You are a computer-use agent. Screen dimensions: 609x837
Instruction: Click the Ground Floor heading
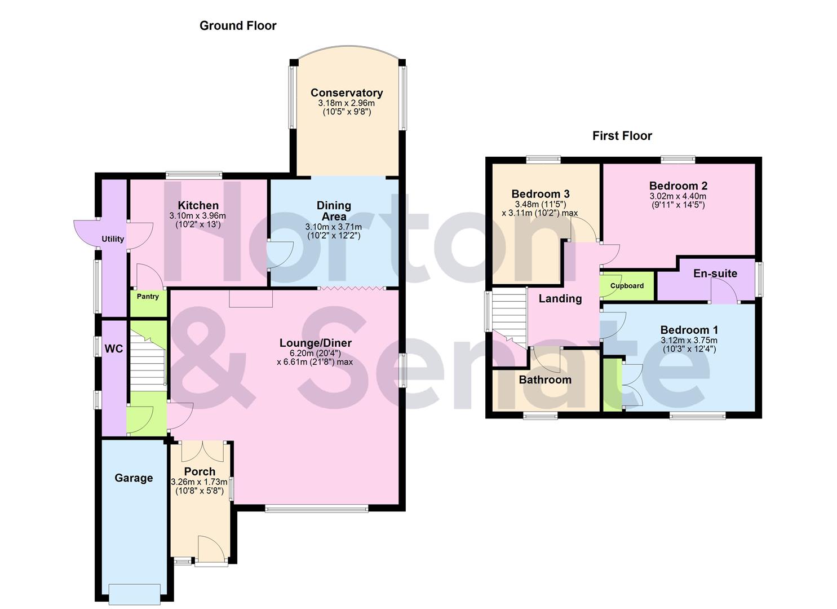pyautogui.click(x=238, y=26)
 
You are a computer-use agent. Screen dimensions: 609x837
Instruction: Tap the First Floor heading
pyautogui.click(x=622, y=136)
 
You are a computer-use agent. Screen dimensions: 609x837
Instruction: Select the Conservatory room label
pyautogui.click(x=346, y=93)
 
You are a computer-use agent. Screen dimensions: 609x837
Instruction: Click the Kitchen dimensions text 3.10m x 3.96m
pyautogui.click(x=197, y=216)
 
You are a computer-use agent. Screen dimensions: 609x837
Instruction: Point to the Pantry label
pyautogui.click(x=148, y=297)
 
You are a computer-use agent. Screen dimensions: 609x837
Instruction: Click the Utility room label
pyautogui.click(x=113, y=239)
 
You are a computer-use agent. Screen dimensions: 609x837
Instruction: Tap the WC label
pyautogui.click(x=113, y=349)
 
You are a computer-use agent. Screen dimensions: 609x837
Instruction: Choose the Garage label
pyautogui.click(x=134, y=478)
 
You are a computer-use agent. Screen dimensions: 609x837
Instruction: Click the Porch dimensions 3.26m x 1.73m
pyautogui.click(x=199, y=482)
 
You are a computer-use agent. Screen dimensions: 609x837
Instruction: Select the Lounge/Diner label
pyautogui.click(x=315, y=343)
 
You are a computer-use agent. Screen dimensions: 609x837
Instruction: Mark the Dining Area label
pyautogui.click(x=334, y=211)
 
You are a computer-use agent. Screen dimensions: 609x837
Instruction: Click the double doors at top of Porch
pyautogui.click(x=199, y=451)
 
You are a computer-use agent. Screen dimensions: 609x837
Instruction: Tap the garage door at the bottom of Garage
pyautogui.click(x=134, y=593)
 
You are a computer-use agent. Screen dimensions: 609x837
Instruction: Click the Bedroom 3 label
pyautogui.click(x=540, y=194)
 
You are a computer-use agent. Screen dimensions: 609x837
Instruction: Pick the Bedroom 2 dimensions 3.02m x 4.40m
pyautogui.click(x=677, y=196)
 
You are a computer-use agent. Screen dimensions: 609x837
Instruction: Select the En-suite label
pyautogui.click(x=715, y=273)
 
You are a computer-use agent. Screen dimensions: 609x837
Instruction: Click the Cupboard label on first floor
pyautogui.click(x=627, y=286)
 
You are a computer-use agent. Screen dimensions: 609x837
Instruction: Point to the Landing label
pyautogui.click(x=560, y=299)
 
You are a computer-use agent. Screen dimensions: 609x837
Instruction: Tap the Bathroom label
pyautogui.click(x=544, y=380)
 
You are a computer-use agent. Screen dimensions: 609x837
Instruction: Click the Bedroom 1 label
pyautogui.click(x=689, y=330)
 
